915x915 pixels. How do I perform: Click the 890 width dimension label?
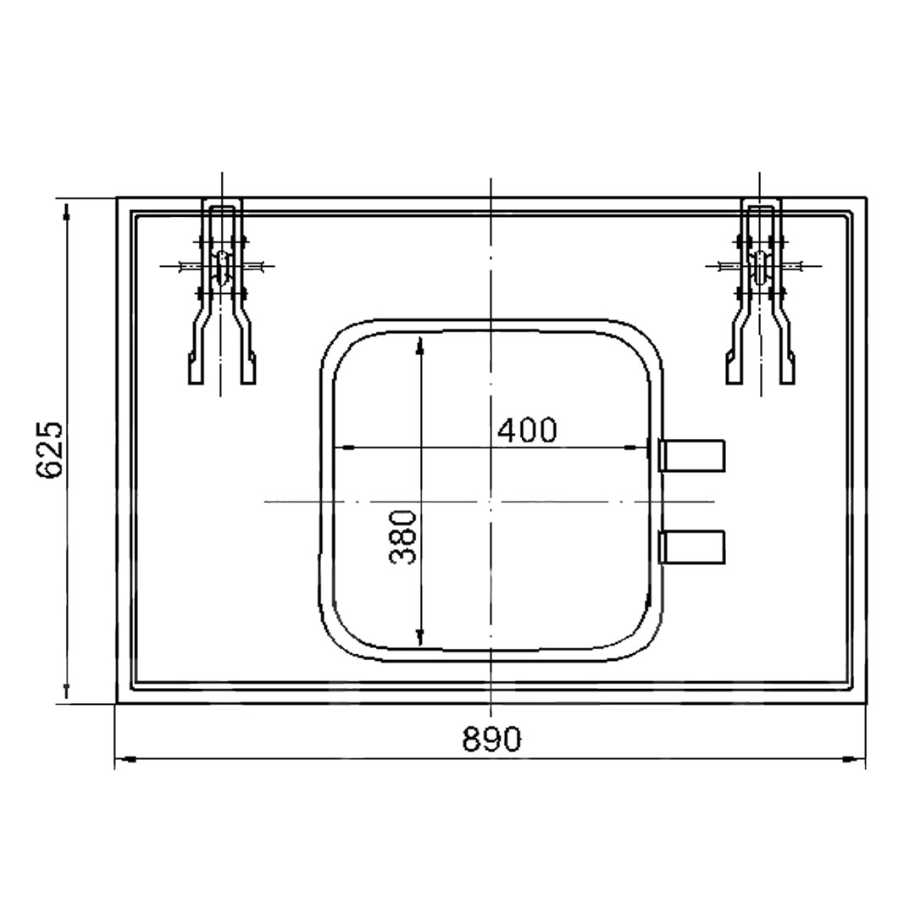[491, 739]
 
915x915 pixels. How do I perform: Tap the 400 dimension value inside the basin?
[528, 430]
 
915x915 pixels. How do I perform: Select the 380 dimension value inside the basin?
[402, 537]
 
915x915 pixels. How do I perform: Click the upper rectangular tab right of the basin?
[691, 455]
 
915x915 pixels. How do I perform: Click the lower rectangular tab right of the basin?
[691, 546]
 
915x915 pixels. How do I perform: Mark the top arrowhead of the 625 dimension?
[67, 210]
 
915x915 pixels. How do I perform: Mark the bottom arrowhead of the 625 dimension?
[67, 692]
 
